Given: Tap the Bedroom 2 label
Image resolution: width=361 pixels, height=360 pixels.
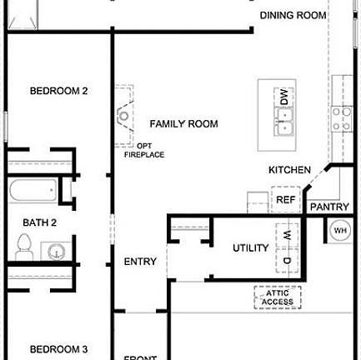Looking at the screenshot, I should click(x=59, y=91).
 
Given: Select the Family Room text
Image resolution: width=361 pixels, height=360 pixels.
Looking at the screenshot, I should click(x=183, y=124).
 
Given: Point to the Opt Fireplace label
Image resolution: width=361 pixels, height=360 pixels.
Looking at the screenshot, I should click(x=144, y=151).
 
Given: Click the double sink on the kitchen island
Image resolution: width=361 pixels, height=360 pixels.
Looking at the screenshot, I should click(x=284, y=126).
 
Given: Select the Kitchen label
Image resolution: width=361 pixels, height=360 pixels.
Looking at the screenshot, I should click(x=289, y=170).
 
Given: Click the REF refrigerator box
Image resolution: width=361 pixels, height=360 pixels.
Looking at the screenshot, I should click(x=285, y=200).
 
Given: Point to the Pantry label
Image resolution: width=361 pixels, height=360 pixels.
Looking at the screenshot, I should click(x=328, y=206).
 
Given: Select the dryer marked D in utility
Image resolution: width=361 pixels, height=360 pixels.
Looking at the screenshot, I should click(x=286, y=262).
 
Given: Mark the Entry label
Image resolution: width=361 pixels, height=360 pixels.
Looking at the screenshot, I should click(x=140, y=262).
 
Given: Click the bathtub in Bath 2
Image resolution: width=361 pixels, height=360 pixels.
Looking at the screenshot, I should click(x=33, y=191).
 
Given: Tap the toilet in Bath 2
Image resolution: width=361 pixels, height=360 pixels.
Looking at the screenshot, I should click(x=24, y=247).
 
